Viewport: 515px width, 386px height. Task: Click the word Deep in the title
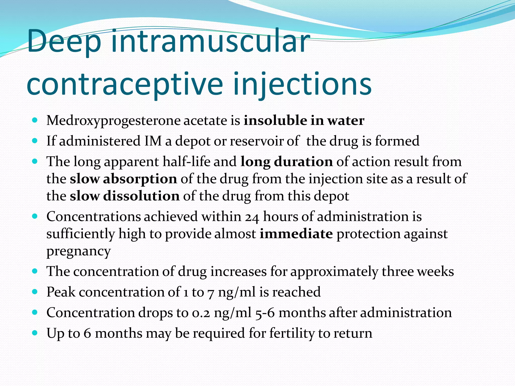[x=64, y=41]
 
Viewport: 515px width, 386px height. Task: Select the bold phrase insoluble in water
[x=304, y=120]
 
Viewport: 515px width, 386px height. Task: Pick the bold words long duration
[x=286, y=162]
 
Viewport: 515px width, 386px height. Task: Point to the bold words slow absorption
[x=123, y=179]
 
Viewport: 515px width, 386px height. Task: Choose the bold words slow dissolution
[x=124, y=196]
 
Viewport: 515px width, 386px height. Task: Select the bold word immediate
[x=296, y=234]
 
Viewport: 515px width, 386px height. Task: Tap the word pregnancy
[x=78, y=251]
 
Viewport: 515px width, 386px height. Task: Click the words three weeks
[x=417, y=272]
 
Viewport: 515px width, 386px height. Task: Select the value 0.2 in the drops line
[x=201, y=313]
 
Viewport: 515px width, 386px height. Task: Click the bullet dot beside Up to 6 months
[x=35, y=333]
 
